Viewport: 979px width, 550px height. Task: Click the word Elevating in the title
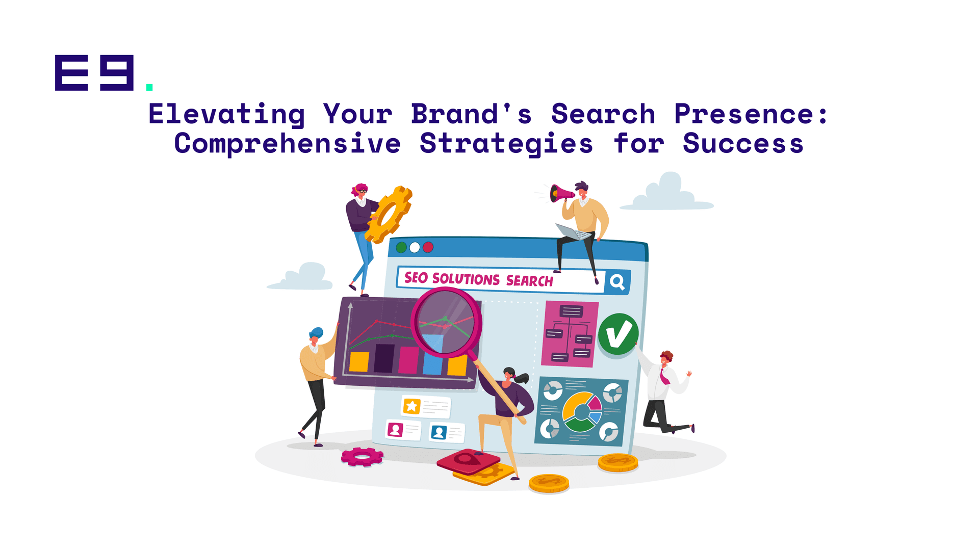tap(226, 114)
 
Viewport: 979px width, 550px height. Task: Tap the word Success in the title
tap(743, 143)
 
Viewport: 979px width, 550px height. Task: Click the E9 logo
tap(94, 73)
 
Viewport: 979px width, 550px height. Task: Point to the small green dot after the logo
tap(149, 87)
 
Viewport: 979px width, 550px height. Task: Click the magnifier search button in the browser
tap(617, 282)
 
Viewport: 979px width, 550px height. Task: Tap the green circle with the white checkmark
tap(618, 334)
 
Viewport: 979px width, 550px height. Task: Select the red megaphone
tap(561, 194)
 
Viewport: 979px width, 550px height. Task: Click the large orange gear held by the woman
tap(389, 215)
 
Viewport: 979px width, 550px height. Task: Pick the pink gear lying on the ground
tap(362, 457)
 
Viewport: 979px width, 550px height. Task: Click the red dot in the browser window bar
tap(428, 247)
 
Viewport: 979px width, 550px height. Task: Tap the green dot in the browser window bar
tap(401, 247)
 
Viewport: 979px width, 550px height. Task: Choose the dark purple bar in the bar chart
tap(384, 358)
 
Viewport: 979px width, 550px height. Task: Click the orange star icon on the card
tap(411, 406)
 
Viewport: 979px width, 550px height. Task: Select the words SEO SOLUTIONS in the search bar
tap(452, 278)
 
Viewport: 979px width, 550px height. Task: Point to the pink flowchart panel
tap(570, 334)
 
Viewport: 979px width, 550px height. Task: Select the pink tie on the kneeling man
tap(664, 377)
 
